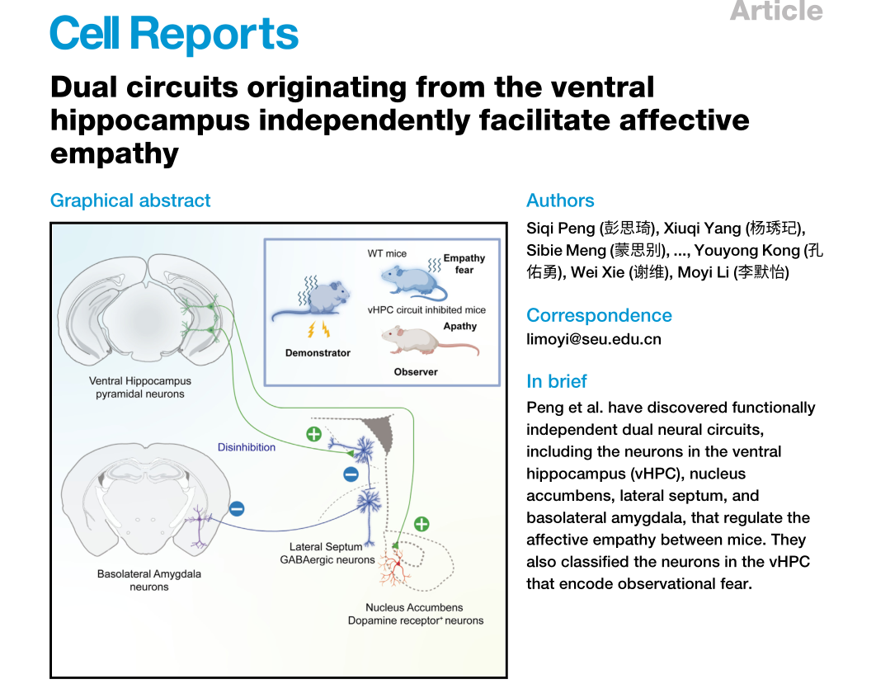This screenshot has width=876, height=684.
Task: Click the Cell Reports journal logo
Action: tap(173, 34)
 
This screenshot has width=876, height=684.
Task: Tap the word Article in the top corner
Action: tap(776, 11)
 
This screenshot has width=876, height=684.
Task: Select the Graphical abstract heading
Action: tap(130, 200)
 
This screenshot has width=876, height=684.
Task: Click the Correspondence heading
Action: tap(599, 315)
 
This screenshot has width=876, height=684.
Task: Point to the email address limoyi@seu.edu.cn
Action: tap(594, 339)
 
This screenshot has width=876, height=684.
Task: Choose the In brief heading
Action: tap(557, 381)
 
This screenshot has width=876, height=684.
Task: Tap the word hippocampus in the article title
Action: tap(149, 120)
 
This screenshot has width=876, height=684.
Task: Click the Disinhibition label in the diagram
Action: tap(247, 447)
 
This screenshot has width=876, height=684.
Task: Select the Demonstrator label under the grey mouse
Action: tap(318, 353)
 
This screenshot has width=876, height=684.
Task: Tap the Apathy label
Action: tap(460, 326)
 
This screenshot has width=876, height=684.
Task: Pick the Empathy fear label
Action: tap(464, 264)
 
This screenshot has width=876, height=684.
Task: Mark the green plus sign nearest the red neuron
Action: tap(422, 524)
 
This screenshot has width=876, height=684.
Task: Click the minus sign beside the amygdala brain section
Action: tap(237, 508)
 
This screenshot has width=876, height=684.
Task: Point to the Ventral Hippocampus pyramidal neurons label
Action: tap(140, 388)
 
